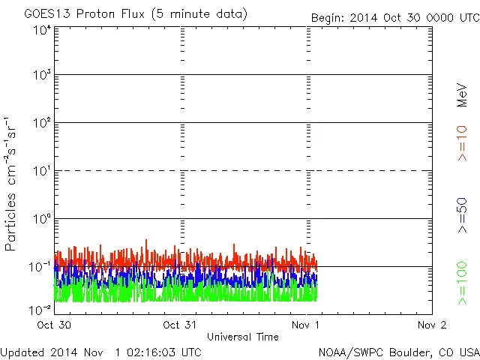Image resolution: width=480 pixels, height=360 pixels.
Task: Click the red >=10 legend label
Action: pos(462,143)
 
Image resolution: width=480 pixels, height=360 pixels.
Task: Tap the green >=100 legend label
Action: pos(462,283)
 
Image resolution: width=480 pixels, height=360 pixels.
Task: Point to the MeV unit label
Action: pos(462,93)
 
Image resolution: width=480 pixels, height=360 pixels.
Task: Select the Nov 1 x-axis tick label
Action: pos(305,325)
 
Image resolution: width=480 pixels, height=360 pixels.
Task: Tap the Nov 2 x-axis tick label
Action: pos(431,325)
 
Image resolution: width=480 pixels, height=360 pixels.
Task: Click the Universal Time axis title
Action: pos(243,337)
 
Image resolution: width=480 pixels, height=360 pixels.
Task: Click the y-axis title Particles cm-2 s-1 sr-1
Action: pos(10,184)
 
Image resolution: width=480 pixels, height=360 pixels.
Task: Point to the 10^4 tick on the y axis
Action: pos(42,30)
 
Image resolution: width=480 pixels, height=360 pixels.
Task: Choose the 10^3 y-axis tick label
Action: pos(42,75)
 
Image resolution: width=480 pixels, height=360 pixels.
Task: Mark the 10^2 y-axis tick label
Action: pos(42,123)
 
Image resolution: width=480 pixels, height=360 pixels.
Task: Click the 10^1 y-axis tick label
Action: pos(42,171)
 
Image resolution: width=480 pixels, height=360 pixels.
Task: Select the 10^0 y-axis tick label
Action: pos(42,219)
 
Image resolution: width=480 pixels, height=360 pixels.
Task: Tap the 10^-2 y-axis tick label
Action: pos(40,309)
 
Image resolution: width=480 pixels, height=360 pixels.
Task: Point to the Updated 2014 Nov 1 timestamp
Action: pos(101,351)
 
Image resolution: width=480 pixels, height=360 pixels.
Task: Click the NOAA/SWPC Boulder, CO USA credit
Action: pos(398,351)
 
